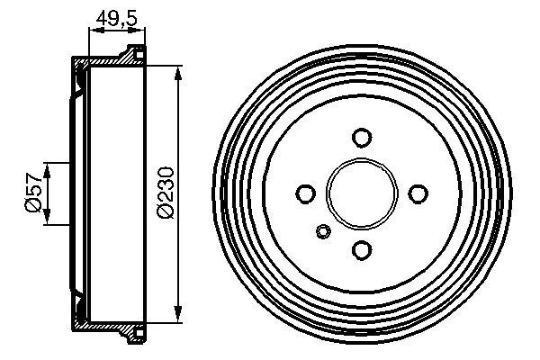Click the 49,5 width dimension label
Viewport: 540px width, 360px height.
(115, 15)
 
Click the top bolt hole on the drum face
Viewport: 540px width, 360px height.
(362, 138)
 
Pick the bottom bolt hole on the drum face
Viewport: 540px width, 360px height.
(362, 249)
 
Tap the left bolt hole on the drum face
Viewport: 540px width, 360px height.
(305, 193)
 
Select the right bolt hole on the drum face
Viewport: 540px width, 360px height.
(418, 193)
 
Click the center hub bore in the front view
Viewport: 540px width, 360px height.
(362, 193)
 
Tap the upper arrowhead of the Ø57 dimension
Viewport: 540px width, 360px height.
(49, 167)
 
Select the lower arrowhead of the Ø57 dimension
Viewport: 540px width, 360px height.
(49, 220)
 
